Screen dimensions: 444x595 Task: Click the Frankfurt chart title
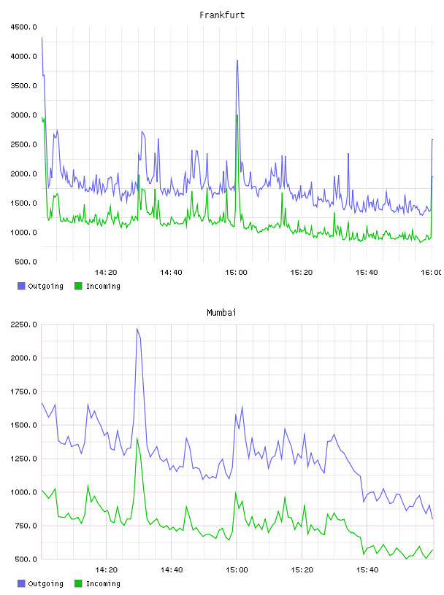pos(222,15)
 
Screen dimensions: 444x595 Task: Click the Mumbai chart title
pos(221,313)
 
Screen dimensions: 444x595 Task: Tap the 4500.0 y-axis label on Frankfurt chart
pos(23,27)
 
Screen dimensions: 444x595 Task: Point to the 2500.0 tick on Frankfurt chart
pos(23,144)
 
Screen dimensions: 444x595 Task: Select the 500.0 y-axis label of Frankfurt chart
pos(26,262)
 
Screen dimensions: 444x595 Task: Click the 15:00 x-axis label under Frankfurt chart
pos(236,273)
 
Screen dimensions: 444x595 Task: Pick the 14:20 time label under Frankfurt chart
pos(106,273)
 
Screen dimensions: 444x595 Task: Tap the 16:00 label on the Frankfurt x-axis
pos(432,273)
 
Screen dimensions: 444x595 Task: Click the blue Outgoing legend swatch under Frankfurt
pos(21,286)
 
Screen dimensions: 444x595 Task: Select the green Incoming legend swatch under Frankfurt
pos(78,286)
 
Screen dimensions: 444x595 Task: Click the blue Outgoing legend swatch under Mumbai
pos(21,583)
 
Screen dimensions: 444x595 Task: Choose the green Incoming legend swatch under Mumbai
pos(78,583)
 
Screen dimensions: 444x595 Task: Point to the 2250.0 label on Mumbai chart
pos(23,324)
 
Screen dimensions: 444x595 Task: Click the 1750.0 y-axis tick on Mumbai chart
pos(23,392)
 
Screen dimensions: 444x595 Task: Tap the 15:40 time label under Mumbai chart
pos(367,570)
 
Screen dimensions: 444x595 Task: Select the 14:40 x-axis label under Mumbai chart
pos(172,570)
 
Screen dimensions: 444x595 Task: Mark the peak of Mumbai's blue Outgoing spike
pos(137,329)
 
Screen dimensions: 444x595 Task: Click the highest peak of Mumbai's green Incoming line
pos(137,438)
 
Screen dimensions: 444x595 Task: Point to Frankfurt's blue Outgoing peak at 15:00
pos(237,60)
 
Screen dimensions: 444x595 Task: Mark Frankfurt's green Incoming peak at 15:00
pos(237,115)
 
